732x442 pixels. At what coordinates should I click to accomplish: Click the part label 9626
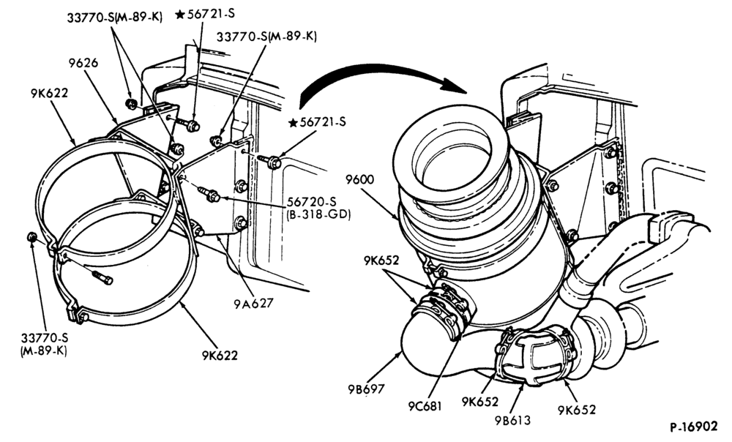click(x=83, y=62)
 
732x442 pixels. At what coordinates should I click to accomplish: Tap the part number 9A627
click(x=253, y=304)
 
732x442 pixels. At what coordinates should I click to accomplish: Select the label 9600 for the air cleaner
click(x=360, y=179)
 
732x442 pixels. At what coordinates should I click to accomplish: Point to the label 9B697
click(x=365, y=389)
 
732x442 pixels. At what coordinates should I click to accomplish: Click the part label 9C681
click(x=425, y=406)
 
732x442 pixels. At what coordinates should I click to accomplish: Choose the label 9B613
click(x=512, y=420)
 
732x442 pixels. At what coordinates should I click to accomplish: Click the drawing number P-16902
click(x=694, y=427)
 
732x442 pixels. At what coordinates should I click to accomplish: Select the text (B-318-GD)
click(x=318, y=214)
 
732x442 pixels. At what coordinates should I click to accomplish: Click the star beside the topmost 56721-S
click(x=180, y=15)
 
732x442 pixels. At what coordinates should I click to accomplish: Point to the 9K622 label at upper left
click(x=50, y=94)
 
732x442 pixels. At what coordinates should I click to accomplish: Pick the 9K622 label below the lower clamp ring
click(x=220, y=356)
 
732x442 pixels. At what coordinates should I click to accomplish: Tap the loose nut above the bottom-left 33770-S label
click(x=32, y=238)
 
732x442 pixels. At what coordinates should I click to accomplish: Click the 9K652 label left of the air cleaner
click(x=381, y=261)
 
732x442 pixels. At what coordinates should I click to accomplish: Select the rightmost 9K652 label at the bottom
click(x=577, y=410)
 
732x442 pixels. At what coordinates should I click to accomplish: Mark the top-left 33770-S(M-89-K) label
click(x=115, y=18)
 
